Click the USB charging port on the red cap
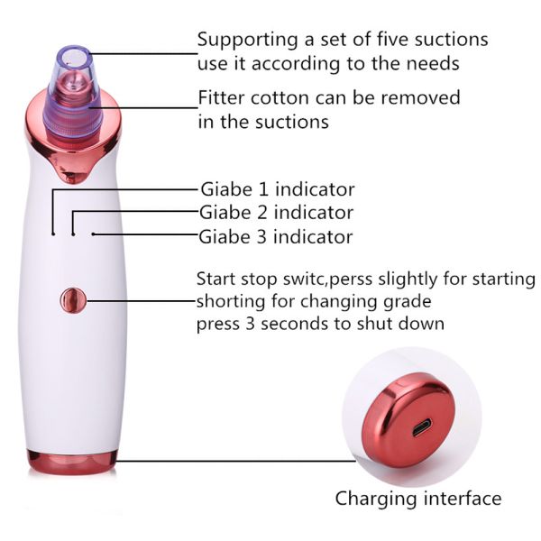click(422, 426)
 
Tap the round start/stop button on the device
click(73, 300)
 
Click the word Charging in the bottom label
click(376, 500)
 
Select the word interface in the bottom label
click(463, 498)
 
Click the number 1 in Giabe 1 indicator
click(263, 189)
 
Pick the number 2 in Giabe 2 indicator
click(262, 213)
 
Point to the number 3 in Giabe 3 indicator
click(261, 236)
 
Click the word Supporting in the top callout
click(248, 41)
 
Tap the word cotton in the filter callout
click(280, 98)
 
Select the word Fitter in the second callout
click(222, 97)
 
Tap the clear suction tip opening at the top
click(74, 56)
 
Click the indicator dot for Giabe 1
click(53, 234)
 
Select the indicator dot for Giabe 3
click(93, 234)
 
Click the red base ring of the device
click(72, 462)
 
